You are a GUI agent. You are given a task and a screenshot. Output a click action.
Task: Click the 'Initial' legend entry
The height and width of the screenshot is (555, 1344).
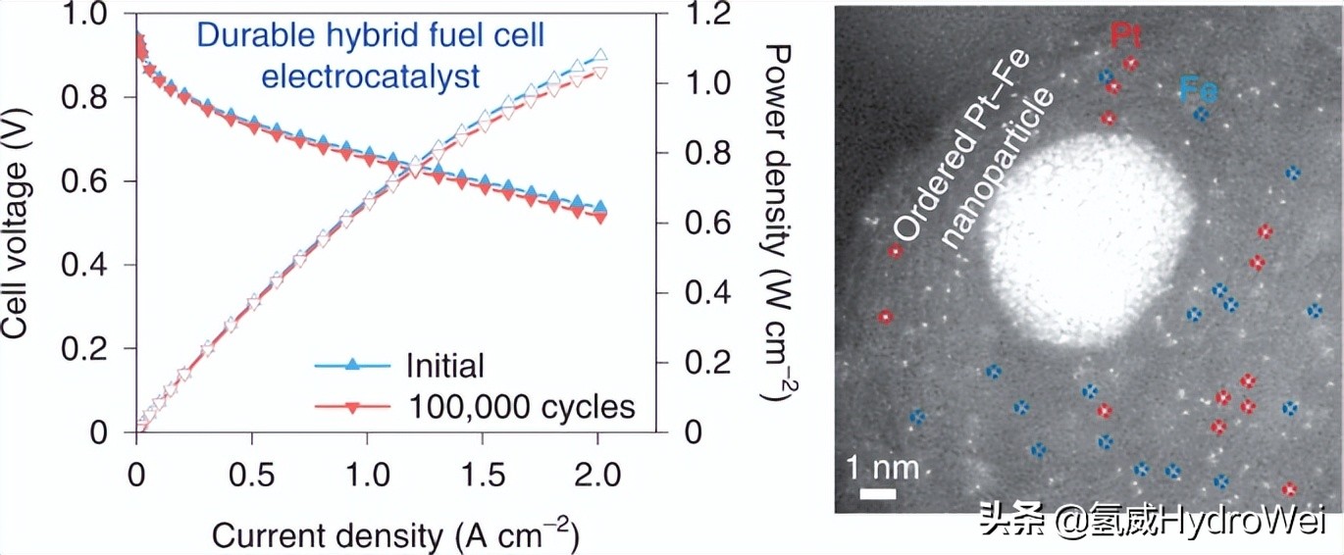pyautogui.click(x=444, y=366)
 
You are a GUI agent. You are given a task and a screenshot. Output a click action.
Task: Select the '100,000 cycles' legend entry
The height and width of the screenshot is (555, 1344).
pyautogui.click(x=520, y=406)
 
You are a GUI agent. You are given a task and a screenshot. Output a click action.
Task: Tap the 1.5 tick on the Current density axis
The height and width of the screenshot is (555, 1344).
pyautogui.click(x=483, y=477)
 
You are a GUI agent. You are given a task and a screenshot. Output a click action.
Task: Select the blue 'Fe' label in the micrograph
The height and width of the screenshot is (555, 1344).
pyautogui.click(x=1198, y=91)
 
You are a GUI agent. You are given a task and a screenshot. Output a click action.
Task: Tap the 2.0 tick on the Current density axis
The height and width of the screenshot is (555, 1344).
pyautogui.click(x=597, y=477)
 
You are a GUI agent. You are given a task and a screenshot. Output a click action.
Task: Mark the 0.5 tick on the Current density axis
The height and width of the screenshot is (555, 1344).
pyautogui.click(x=251, y=477)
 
